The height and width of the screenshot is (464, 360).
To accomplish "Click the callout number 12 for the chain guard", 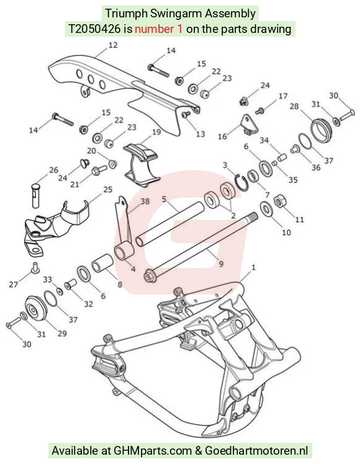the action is [x=113, y=45].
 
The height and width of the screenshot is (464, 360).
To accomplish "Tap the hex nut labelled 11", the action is [x=279, y=202].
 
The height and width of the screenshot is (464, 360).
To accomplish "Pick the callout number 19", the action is [x=156, y=132].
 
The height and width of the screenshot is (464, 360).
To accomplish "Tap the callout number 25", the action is [x=107, y=189].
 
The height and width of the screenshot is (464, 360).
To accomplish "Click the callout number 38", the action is [x=145, y=201].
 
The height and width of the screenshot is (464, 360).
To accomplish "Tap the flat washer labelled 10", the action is [x=267, y=208].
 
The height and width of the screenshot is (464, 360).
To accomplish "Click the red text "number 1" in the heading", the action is [x=158, y=29].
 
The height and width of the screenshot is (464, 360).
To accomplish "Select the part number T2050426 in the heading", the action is [x=95, y=29].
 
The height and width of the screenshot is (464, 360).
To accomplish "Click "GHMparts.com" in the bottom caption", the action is [x=153, y=451].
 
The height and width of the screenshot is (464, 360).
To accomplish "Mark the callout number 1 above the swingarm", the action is [x=253, y=268].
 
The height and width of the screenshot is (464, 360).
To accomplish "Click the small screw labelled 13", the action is [x=186, y=114].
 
